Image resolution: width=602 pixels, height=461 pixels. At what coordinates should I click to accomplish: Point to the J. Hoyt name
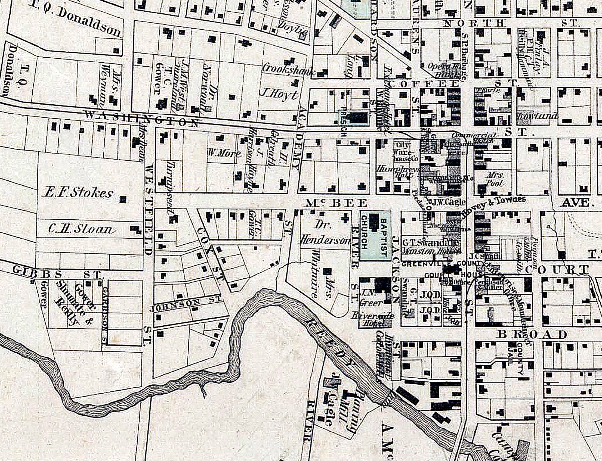[279, 95]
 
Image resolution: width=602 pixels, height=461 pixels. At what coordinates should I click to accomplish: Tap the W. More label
[225, 153]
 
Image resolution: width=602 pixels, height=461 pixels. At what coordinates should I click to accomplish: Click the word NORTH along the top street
[474, 24]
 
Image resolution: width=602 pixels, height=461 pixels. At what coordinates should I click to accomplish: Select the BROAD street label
[532, 335]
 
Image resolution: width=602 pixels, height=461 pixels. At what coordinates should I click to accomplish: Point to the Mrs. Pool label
[494, 179]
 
